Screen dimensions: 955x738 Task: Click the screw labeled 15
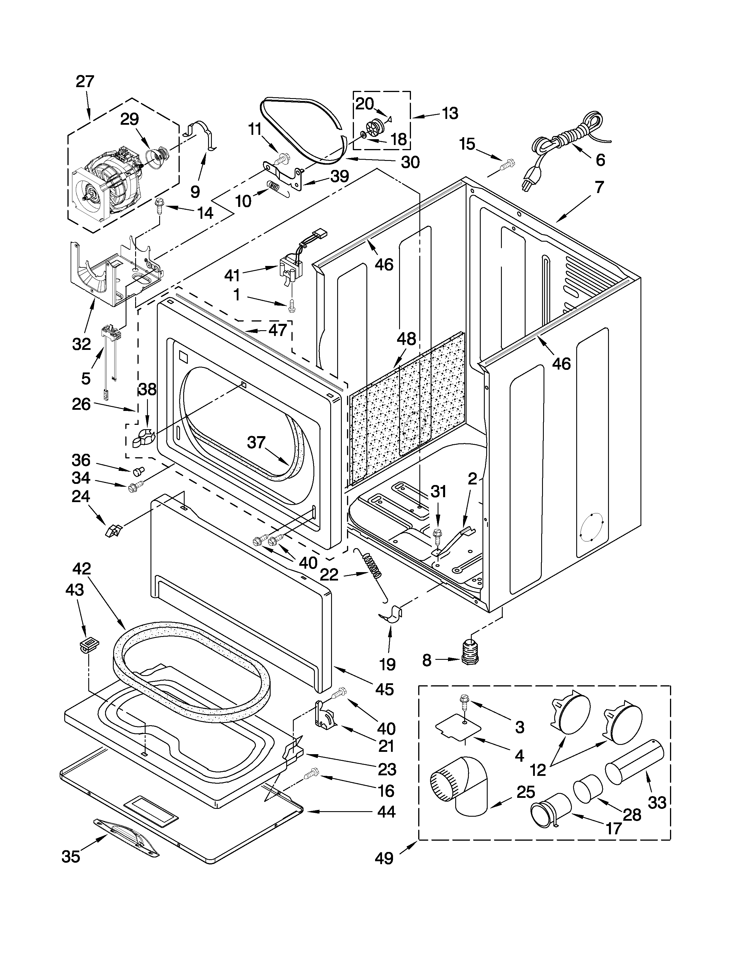tap(508, 165)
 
